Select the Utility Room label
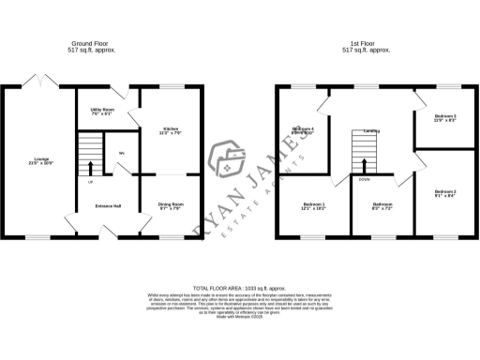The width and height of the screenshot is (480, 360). pyautogui.click(x=101, y=110)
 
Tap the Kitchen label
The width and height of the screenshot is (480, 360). pyautogui.click(x=171, y=128)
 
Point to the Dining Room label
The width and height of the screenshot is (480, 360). pyautogui.click(x=171, y=203)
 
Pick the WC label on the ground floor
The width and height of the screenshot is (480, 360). pyautogui.click(x=122, y=154)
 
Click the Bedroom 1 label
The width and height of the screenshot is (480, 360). pyautogui.click(x=314, y=204)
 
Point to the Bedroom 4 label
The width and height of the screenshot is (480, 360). pyautogui.click(x=303, y=128)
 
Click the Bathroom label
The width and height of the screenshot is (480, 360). pyautogui.click(x=382, y=204)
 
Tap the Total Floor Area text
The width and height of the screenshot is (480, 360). pyautogui.click(x=239, y=288)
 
